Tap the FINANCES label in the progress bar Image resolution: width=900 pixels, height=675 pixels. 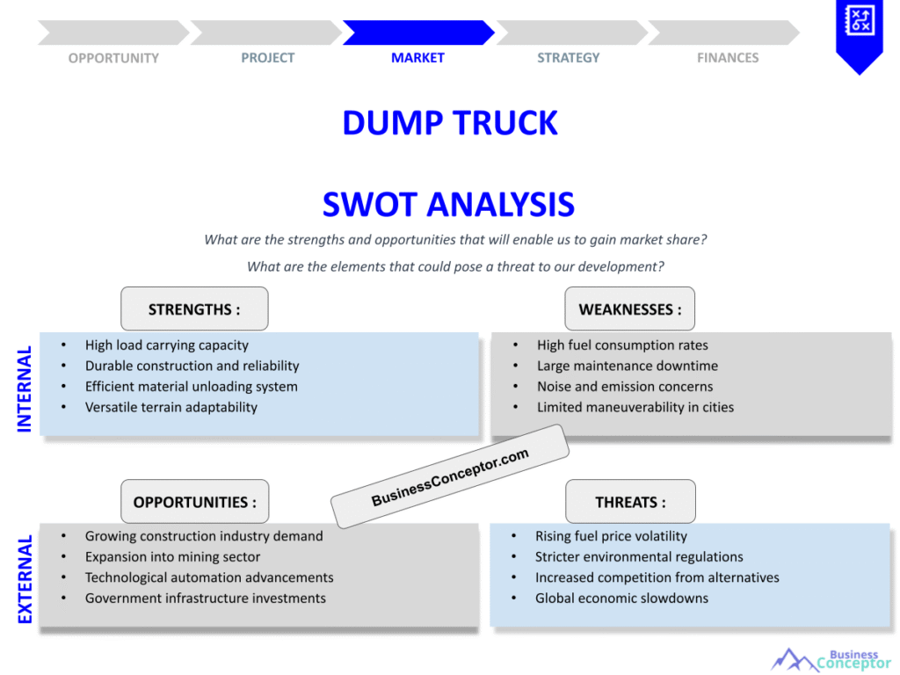(x=728, y=58)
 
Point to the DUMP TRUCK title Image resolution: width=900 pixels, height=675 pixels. (x=449, y=123)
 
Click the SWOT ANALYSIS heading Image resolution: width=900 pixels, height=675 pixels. (x=448, y=205)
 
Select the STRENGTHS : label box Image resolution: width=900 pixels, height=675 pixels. (x=194, y=309)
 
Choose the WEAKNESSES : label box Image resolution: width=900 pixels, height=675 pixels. (x=629, y=309)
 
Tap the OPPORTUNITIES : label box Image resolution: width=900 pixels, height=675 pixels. (x=194, y=502)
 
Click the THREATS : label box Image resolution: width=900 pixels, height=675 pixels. (x=630, y=502)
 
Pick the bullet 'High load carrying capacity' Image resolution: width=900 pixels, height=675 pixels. (x=166, y=345)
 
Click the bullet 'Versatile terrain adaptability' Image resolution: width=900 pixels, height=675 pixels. (x=171, y=407)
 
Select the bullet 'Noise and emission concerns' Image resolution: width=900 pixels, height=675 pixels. (x=625, y=387)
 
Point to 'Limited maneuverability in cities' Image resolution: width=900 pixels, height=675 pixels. (x=635, y=407)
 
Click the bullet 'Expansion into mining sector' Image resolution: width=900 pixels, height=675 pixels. (x=172, y=556)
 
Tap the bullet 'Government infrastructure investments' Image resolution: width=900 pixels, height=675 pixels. (x=205, y=598)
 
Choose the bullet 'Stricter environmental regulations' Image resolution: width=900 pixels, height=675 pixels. (x=639, y=556)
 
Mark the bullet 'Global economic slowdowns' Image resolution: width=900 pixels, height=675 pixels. (x=621, y=598)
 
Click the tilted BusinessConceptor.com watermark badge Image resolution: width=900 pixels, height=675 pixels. (x=450, y=476)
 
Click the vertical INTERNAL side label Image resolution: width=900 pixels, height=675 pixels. (x=25, y=388)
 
